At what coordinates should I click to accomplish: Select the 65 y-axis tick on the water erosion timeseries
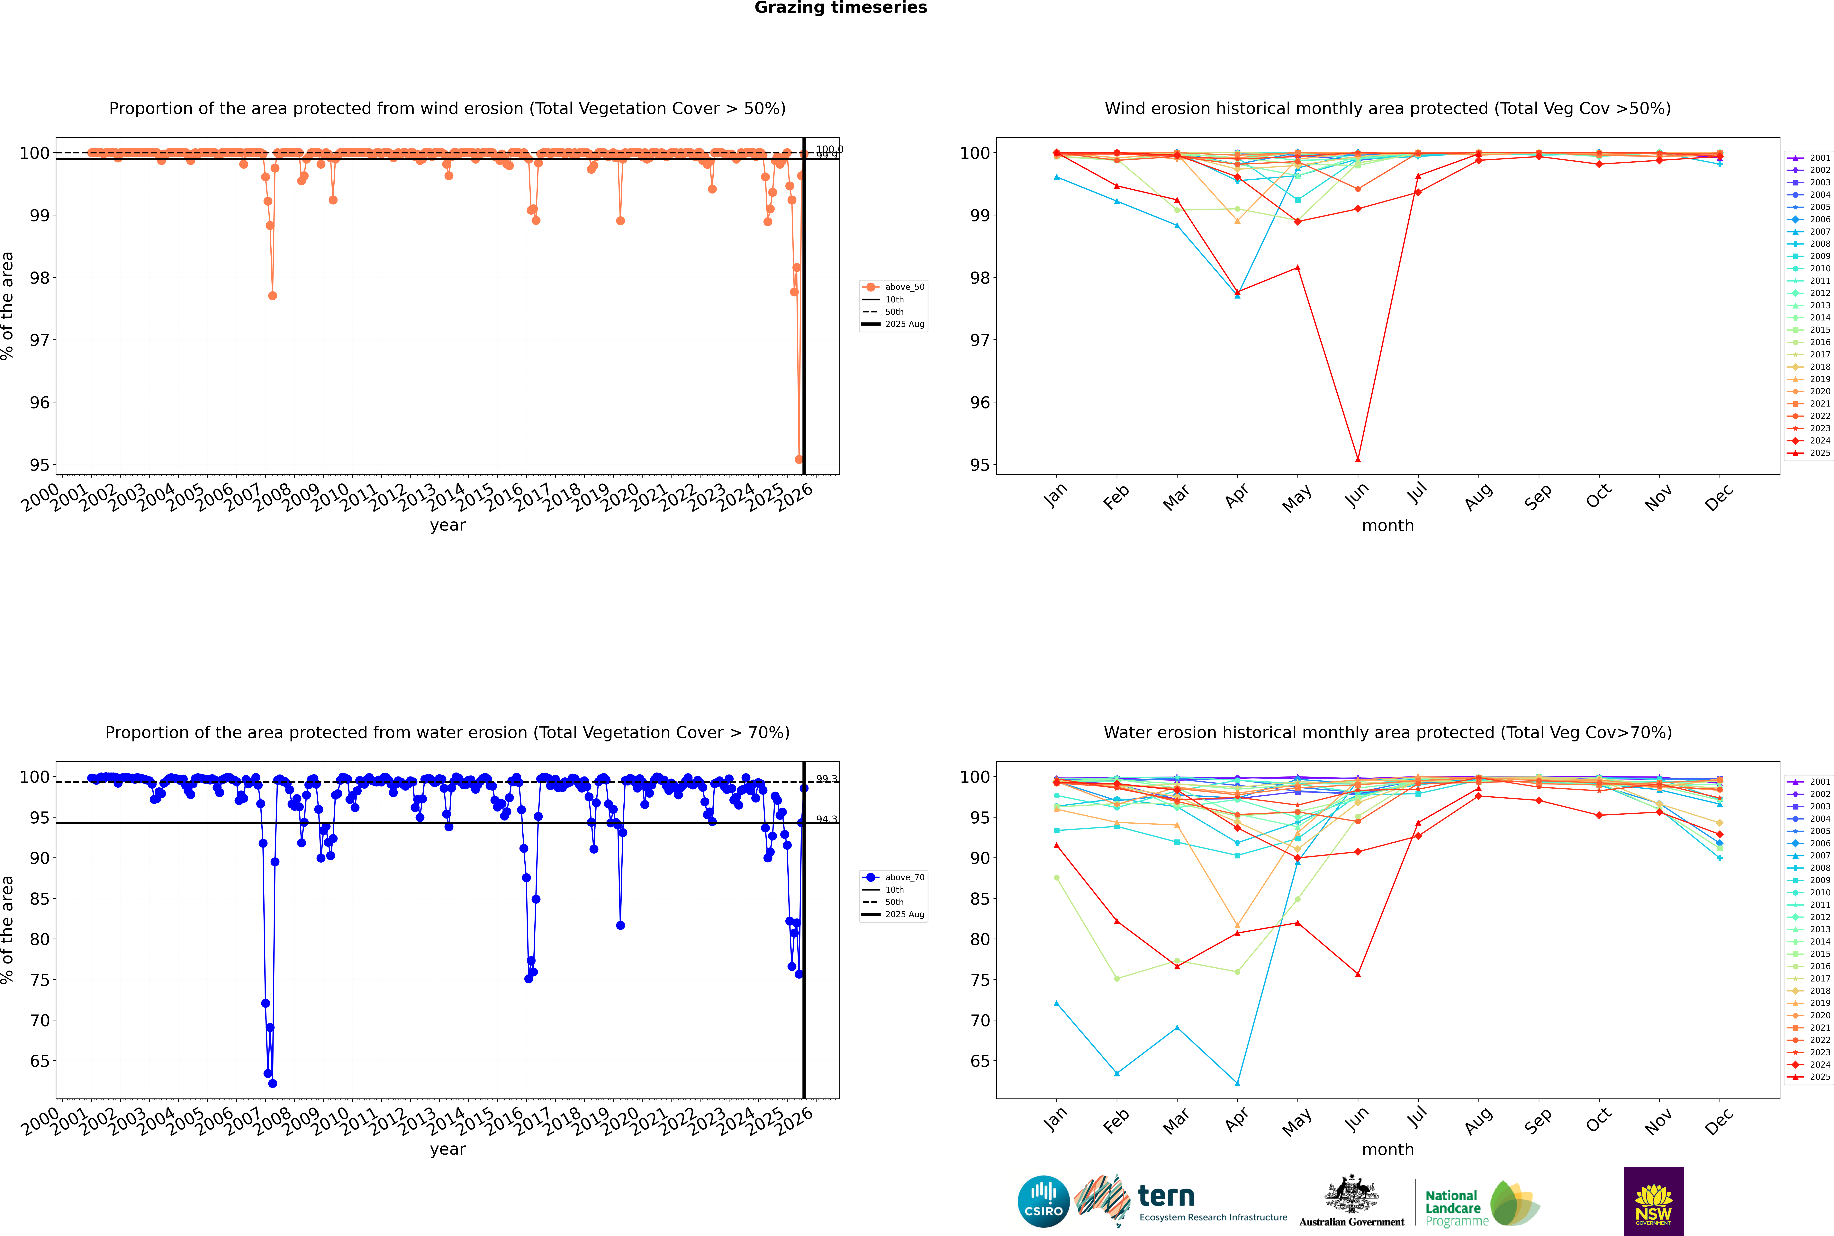click(39, 1061)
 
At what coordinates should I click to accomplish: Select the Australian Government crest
click(1351, 1197)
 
